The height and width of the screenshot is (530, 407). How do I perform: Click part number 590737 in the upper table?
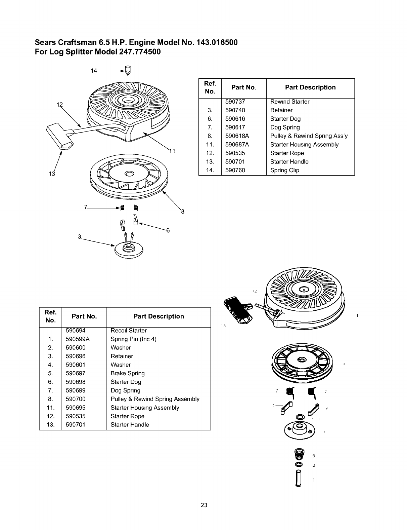pos(235,102)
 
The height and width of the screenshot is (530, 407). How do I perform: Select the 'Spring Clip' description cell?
pos(284,170)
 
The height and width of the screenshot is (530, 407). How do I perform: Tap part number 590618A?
pos(237,136)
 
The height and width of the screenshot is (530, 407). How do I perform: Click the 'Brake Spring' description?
pos(128,373)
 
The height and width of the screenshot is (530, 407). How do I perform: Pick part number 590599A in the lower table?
pos(78,339)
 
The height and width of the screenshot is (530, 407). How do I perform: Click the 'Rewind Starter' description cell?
pos(290,102)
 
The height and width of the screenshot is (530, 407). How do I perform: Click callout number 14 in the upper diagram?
pos(94,71)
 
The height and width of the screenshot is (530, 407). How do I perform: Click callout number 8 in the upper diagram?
pos(183,212)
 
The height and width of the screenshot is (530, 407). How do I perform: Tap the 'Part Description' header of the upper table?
pos(310,87)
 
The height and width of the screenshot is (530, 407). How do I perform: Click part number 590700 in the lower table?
pos(76,399)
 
